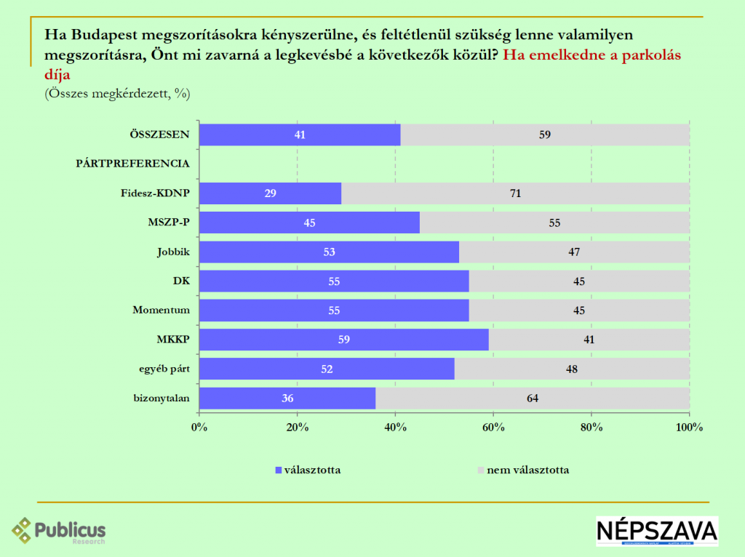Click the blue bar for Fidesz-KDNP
(x=270, y=193)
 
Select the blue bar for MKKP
(x=343, y=340)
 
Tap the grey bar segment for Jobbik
(x=574, y=252)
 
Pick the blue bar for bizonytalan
(x=287, y=398)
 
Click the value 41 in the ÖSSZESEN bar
(x=299, y=135)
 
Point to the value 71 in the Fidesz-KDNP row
(x=516, y=193)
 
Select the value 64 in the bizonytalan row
(x=533, y=398)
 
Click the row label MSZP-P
(x=169, y=223)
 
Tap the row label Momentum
(x=161, y=310)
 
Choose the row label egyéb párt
(x=164, y=369)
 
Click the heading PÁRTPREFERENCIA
(x=132, y=164)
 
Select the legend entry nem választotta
(x=527, y=470)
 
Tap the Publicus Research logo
(x=59, y=531)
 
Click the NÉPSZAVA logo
(x=656, y=531)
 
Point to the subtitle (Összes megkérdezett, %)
(x=117, y=93)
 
